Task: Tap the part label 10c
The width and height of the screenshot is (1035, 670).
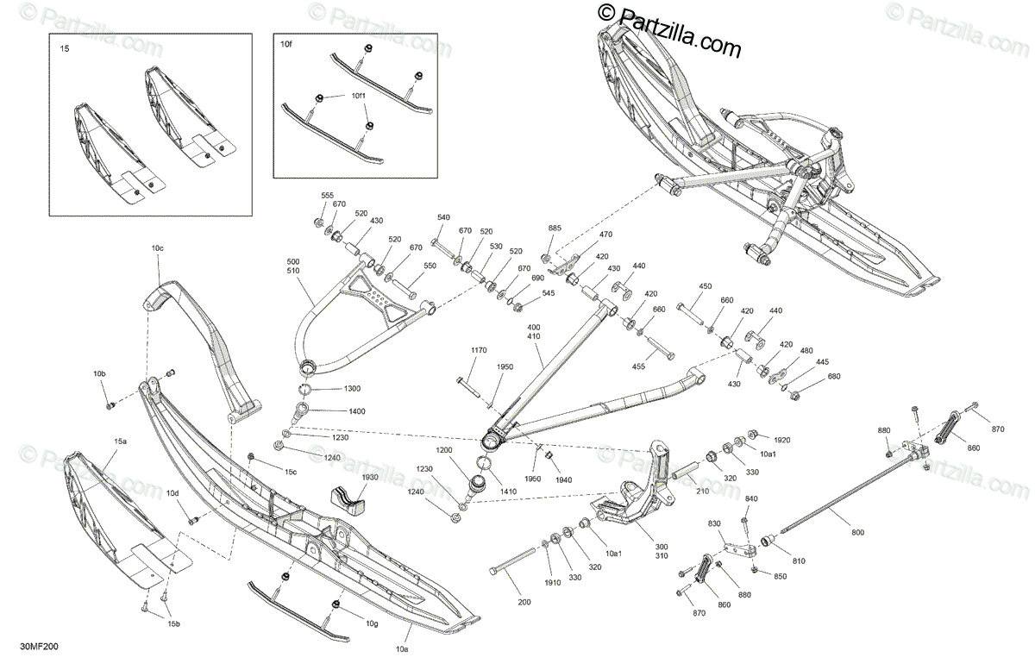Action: pyautogui.click(x=157, y=248)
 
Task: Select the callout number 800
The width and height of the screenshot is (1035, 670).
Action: pyautogui.click(x=857, y=532)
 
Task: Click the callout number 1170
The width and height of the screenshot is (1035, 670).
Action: pyautogui.click(x=480, y=350)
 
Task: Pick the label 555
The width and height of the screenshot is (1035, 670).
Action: pyautogui.click(x=328, y=197)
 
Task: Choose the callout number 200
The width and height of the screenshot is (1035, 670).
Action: pyautogui.click(x=524, y=601)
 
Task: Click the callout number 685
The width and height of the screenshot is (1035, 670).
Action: pyautogui.click(x=555, y=229)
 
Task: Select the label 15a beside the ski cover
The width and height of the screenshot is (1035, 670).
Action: pyautogui.click(x=121, y=441)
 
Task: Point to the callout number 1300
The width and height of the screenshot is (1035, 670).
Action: pyautogui.click(x=353, y=389)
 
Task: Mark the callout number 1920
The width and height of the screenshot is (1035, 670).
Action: pyautogui.click(x=782, y=438)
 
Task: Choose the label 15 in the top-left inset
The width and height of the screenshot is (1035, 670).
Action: pyautogui.click(x=64, y=49)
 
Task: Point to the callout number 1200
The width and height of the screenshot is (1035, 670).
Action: pyautogui.click(x=443, y=450)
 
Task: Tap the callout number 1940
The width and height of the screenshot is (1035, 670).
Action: pyautogui.click(x=563, y=479)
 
